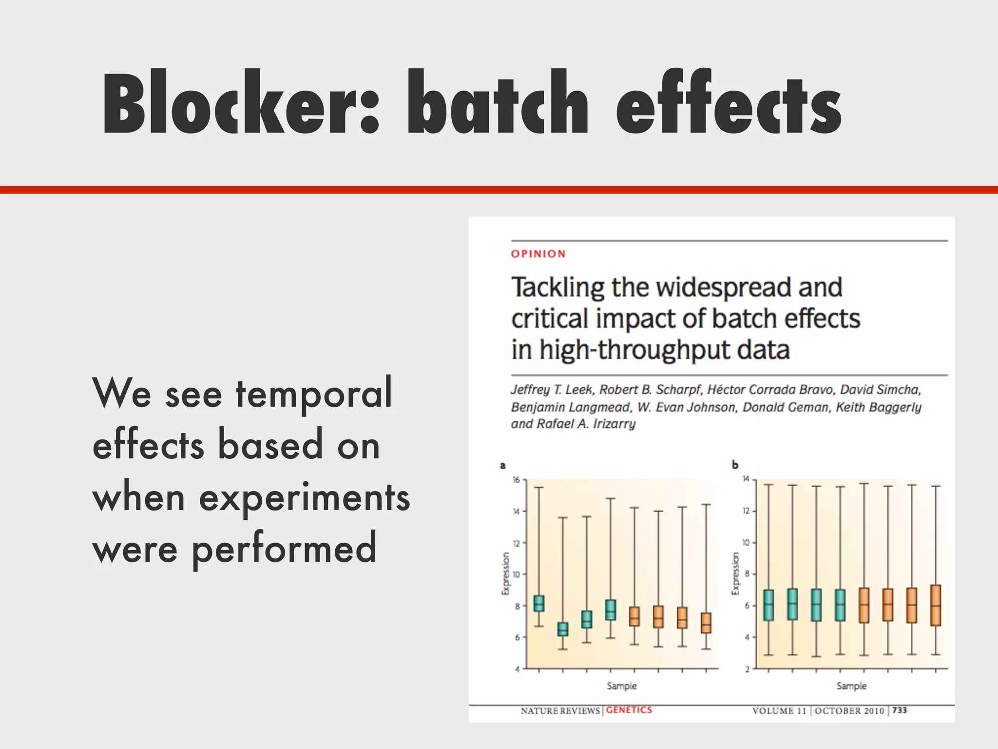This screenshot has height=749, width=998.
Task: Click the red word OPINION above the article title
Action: [538, 254]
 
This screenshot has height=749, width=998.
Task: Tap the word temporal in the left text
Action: [314, 393]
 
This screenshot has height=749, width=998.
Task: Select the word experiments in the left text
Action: [304, 498]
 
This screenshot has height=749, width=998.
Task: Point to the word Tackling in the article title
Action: [557, 288]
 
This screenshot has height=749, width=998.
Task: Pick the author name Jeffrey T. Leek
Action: [551, 390]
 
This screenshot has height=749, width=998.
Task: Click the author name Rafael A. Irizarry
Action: [586, 424]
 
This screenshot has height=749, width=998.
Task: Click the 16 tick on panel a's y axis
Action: [516, 480]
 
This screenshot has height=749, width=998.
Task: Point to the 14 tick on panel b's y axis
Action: [746, 479]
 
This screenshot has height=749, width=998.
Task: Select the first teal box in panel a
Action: [539, 603]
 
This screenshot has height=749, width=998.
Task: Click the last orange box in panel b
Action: [936, 605]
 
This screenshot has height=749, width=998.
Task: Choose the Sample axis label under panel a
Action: [621, 686]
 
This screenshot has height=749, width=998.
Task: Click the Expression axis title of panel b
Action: [735, 573]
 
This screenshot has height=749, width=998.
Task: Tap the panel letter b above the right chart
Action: [735, 465]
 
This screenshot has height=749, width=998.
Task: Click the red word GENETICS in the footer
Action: [629, 710]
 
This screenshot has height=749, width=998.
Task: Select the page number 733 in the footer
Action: [900, 710]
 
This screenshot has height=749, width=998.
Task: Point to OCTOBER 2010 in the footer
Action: [849, 710]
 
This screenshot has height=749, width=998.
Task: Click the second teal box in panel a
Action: [563, 629]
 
